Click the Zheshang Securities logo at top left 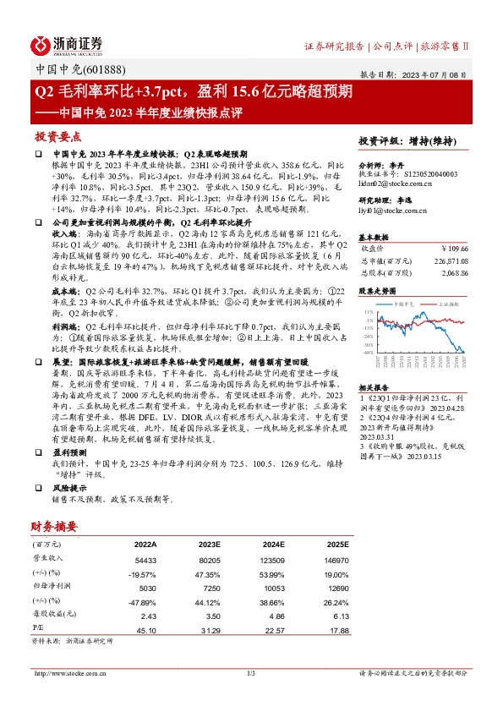tap(67, 44)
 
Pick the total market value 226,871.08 tap(445, 261)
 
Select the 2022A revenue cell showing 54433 tap(145, 559)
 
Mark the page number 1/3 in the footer tap(251, 673)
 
